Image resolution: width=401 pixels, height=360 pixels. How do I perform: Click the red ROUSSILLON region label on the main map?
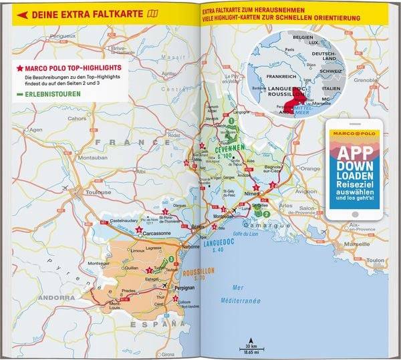click(199, 273)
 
